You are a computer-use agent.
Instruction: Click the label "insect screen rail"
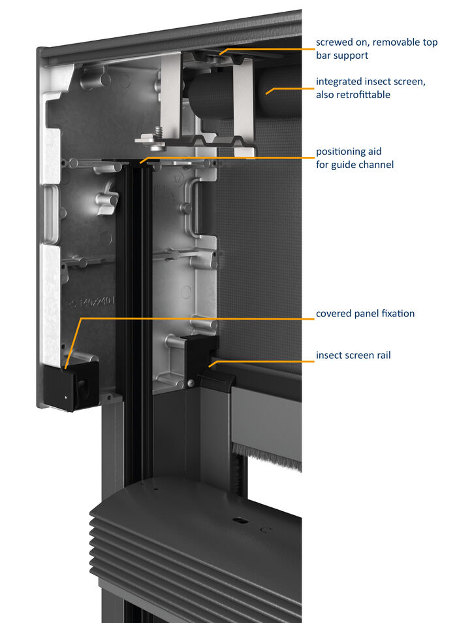coord(354,356)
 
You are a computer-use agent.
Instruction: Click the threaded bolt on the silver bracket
coord(157,133)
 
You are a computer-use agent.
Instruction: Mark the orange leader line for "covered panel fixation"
coord(196,318)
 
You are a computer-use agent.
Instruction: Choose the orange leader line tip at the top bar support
coord(223,52)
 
